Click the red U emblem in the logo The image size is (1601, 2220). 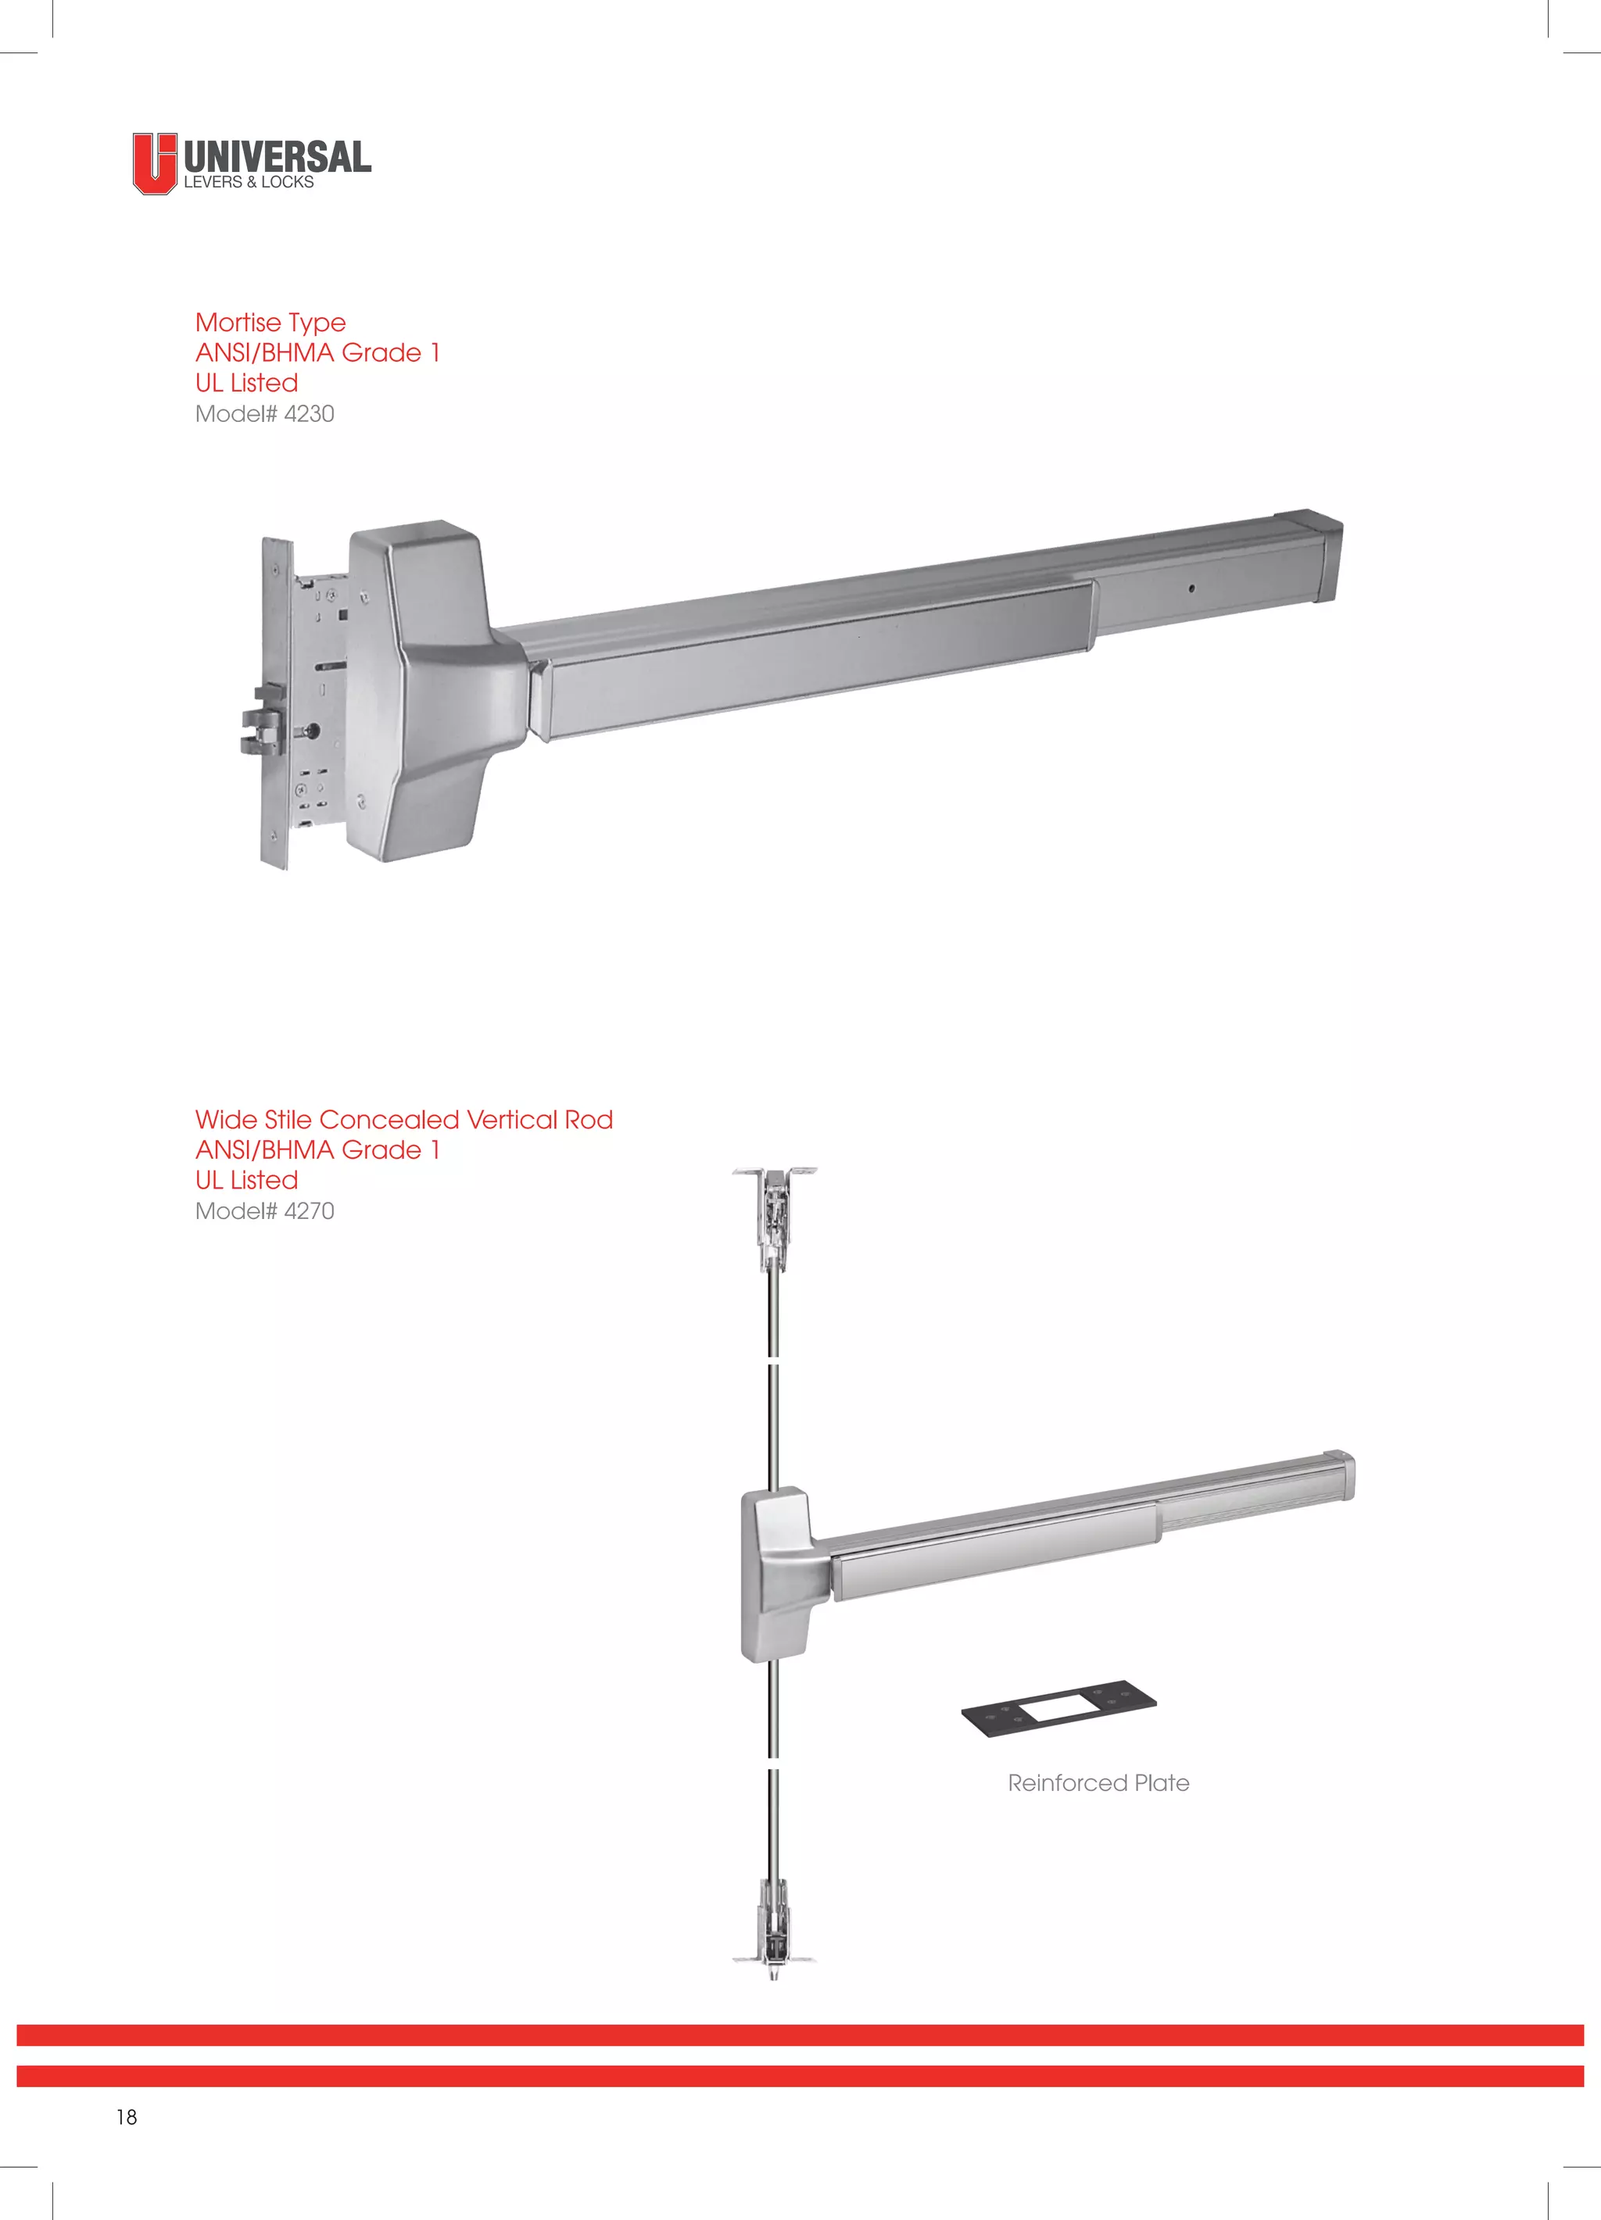click(155, 163)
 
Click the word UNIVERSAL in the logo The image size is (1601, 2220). click(277, 156)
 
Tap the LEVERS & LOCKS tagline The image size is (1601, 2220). click(249, 183)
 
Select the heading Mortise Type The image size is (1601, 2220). click(270, 322)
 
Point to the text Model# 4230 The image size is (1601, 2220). click(264, 414)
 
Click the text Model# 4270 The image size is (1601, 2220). click(264, 1211)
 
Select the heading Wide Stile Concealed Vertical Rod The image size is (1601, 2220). click(403, 1120)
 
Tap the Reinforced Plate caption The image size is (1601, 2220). click(1098, 1782)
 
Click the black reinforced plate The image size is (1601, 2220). click(1058, 1707)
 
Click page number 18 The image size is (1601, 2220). click(127, 2116)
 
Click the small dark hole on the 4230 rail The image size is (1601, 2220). click(1191, 588)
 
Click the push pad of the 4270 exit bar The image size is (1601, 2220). click(994, 1550)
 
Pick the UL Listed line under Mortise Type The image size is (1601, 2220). click(247, 383)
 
